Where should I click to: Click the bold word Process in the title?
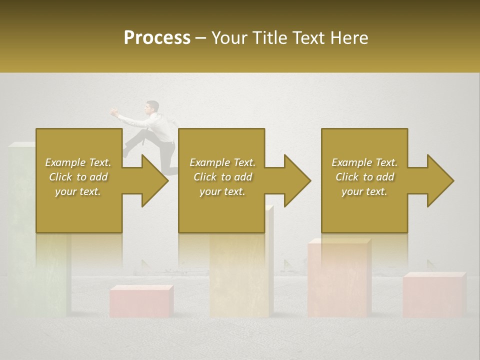point(157,38)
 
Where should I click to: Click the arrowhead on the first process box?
point(154,180)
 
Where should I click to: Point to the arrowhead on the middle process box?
point(297,180)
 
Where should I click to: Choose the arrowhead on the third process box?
point(440,180)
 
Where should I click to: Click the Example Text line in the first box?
point(78,162)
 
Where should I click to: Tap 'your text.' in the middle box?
point(222,191)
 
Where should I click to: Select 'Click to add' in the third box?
point(364,177)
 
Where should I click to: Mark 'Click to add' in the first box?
point(78,177)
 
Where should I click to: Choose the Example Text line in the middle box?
point(222,162)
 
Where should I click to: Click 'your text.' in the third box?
point(364,191)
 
